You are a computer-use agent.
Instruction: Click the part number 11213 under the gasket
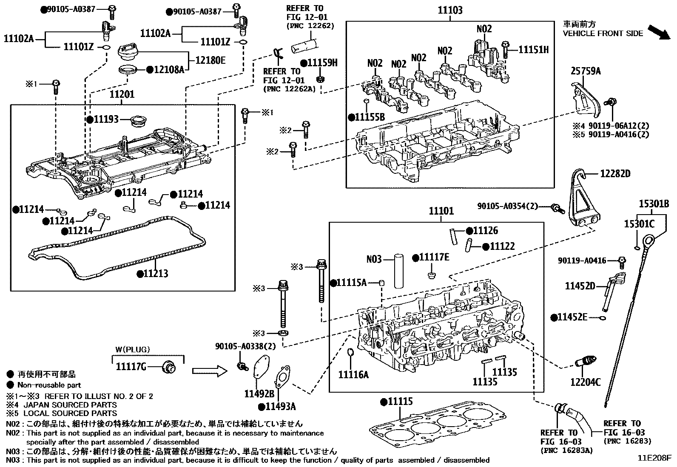tap(155, 274)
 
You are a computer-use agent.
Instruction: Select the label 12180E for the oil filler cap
tap(210, 60)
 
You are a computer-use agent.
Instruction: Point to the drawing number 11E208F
tap(654, 459)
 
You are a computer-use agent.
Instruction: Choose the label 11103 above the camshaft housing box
tap(450, 10)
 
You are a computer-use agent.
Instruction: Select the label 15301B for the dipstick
tap(654, 204)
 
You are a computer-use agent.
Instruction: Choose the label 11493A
tap(280, 407)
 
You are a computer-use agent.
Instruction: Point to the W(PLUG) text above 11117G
tap(132, 350)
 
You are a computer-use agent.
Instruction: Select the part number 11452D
tap(580, 286)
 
